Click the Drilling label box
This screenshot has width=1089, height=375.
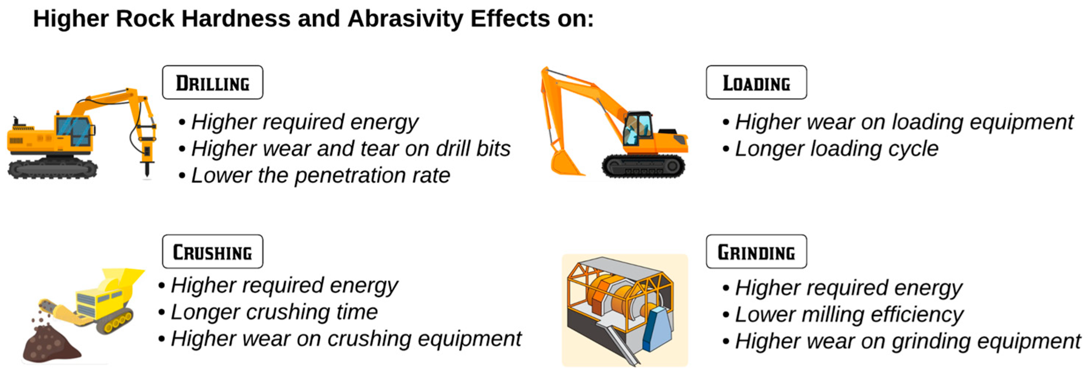click(x=212, y=82)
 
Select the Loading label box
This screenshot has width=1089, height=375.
click(x=756, y=82)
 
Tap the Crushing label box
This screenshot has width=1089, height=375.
click(x=212, y=252)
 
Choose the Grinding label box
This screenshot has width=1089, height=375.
click(x=756, y=252)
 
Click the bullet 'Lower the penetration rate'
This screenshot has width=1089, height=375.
click(x=315, y=175)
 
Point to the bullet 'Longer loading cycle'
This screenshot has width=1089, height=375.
click(x=831, y=149)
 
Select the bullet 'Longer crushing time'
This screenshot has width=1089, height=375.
click(x=268, y=312)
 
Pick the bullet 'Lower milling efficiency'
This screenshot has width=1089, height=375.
click(x=844, y=315)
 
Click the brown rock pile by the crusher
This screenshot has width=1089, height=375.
click(x=51, y=344)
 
